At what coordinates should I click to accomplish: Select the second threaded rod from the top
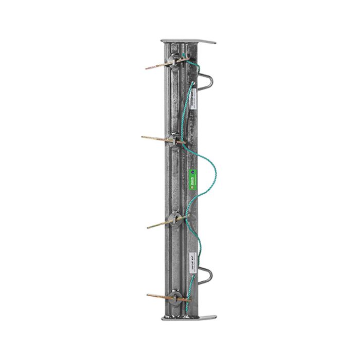pos(157,137)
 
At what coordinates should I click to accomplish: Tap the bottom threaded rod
pos(161,296)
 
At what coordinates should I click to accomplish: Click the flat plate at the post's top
pos(188,41)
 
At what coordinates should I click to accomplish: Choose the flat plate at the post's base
pos(188,317)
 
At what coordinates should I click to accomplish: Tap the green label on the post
pos(192,177)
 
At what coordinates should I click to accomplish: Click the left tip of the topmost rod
pos(146,67)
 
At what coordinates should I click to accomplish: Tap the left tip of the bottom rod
pos(148,296)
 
